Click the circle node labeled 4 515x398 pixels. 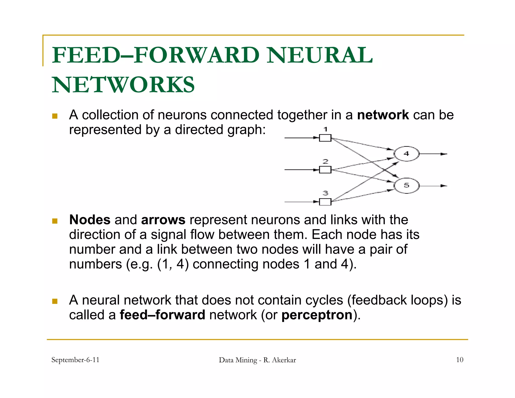click(x=406, y=154)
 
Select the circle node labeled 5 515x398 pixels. click(x=406, y=186)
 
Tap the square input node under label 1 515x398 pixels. click(x=325, y=138)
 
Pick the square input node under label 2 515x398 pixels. click(x=325, y=170)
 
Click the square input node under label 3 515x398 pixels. click(x=325, y=202)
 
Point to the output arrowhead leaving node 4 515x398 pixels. click(x=444, y=154)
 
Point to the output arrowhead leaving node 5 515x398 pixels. click(x=444, y=186)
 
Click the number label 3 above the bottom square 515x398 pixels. click(x=325, y=193)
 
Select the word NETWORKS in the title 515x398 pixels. click(x=123, y=85)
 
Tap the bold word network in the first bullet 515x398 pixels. click(x=383, y=115)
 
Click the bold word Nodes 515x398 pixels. click(x=90, y=220)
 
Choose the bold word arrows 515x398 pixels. click(x=163, y=220)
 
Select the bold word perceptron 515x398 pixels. click(x=317, y=315)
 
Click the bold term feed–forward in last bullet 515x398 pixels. click(x=162, y=315)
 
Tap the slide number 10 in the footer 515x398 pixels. click(x=459, y=360)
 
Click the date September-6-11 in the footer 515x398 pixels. click(x=75, y=360)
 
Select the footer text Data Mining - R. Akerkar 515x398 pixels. click(x=257, y=360)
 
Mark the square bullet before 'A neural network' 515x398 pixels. click(x=55, y=301)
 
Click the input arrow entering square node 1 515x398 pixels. click(x=302, y=138)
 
